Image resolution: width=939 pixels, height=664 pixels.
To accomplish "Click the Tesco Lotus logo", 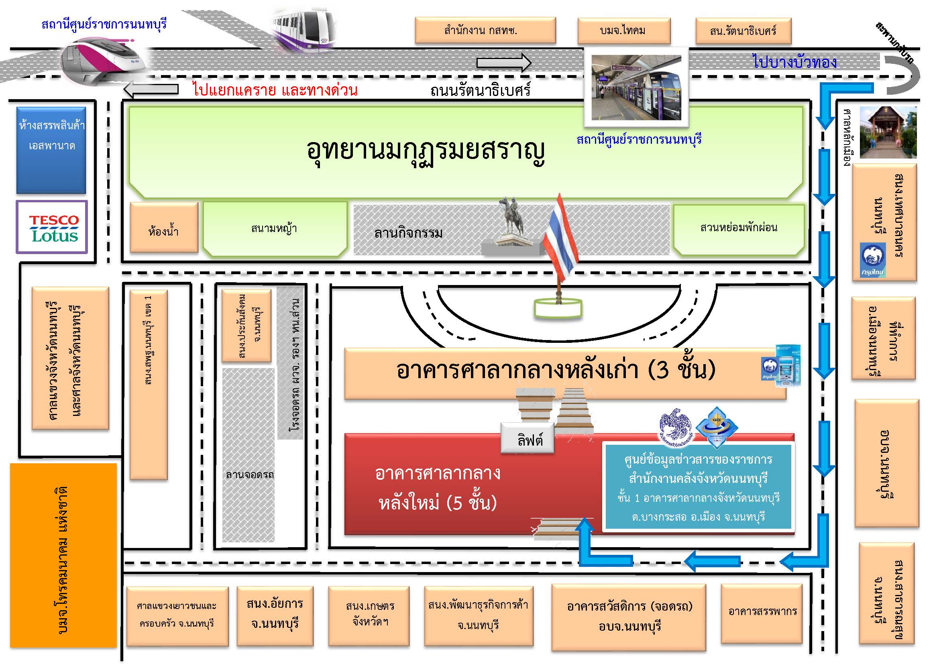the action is click(x=52, y=227).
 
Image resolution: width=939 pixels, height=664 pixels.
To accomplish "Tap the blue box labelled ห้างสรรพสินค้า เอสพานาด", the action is click(x=51, y=150).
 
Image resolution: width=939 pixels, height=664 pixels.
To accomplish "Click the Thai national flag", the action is click(x=560, y=241).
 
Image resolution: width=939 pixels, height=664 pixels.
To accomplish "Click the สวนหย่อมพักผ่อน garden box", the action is click(x=739, y=229).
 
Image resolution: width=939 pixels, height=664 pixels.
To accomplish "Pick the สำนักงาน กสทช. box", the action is click(x=485, y=30).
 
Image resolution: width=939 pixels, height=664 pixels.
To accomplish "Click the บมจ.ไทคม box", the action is click(x=624, y=31).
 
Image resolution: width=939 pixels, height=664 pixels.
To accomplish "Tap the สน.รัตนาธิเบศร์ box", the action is click(x=743, y=31).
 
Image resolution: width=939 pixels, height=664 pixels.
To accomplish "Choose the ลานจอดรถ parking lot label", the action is click(x=250, y=475).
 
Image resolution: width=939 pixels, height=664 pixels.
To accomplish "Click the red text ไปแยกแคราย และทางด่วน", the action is click(x=275, y=89).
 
